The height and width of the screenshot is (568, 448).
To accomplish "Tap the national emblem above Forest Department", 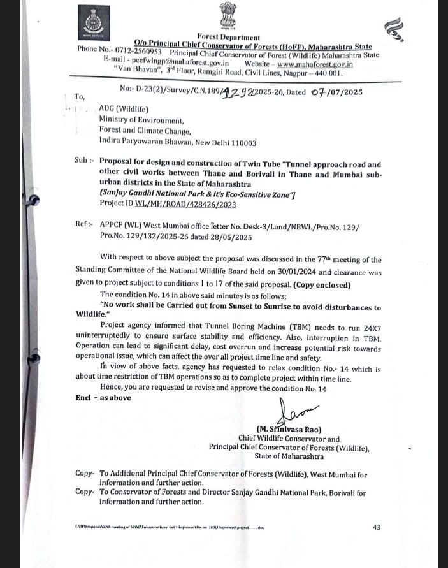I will (x=227, y=15).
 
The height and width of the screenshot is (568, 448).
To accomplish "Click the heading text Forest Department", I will (x=228, y=38).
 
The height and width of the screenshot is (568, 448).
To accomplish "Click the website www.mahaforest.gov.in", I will (x=315, y=64).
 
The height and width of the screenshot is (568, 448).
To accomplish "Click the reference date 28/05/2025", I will (x=230, y=237).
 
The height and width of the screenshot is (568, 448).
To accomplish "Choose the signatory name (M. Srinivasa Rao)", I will (x=289, y=430).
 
